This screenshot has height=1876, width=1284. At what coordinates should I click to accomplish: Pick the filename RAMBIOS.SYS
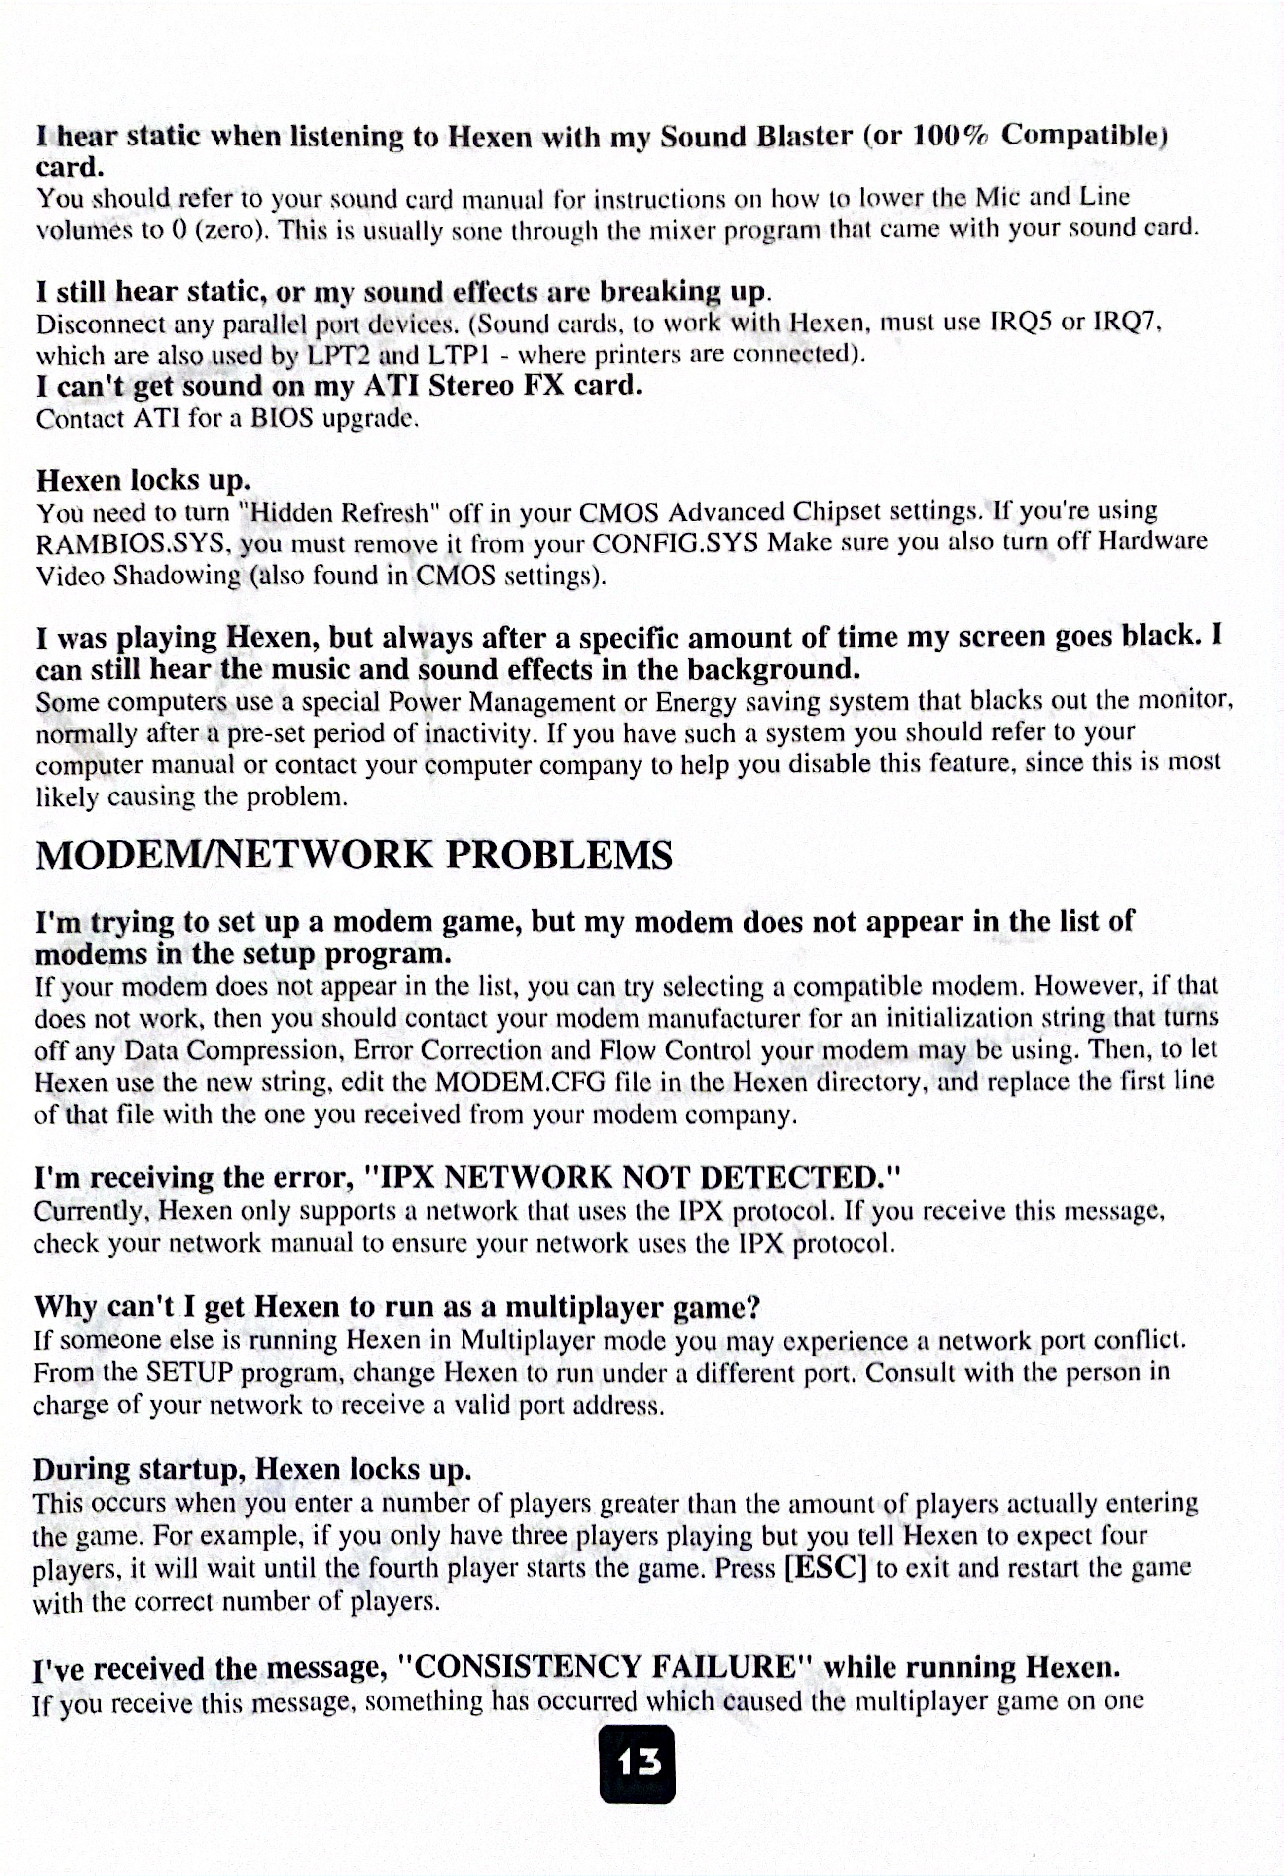point(129,544)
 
